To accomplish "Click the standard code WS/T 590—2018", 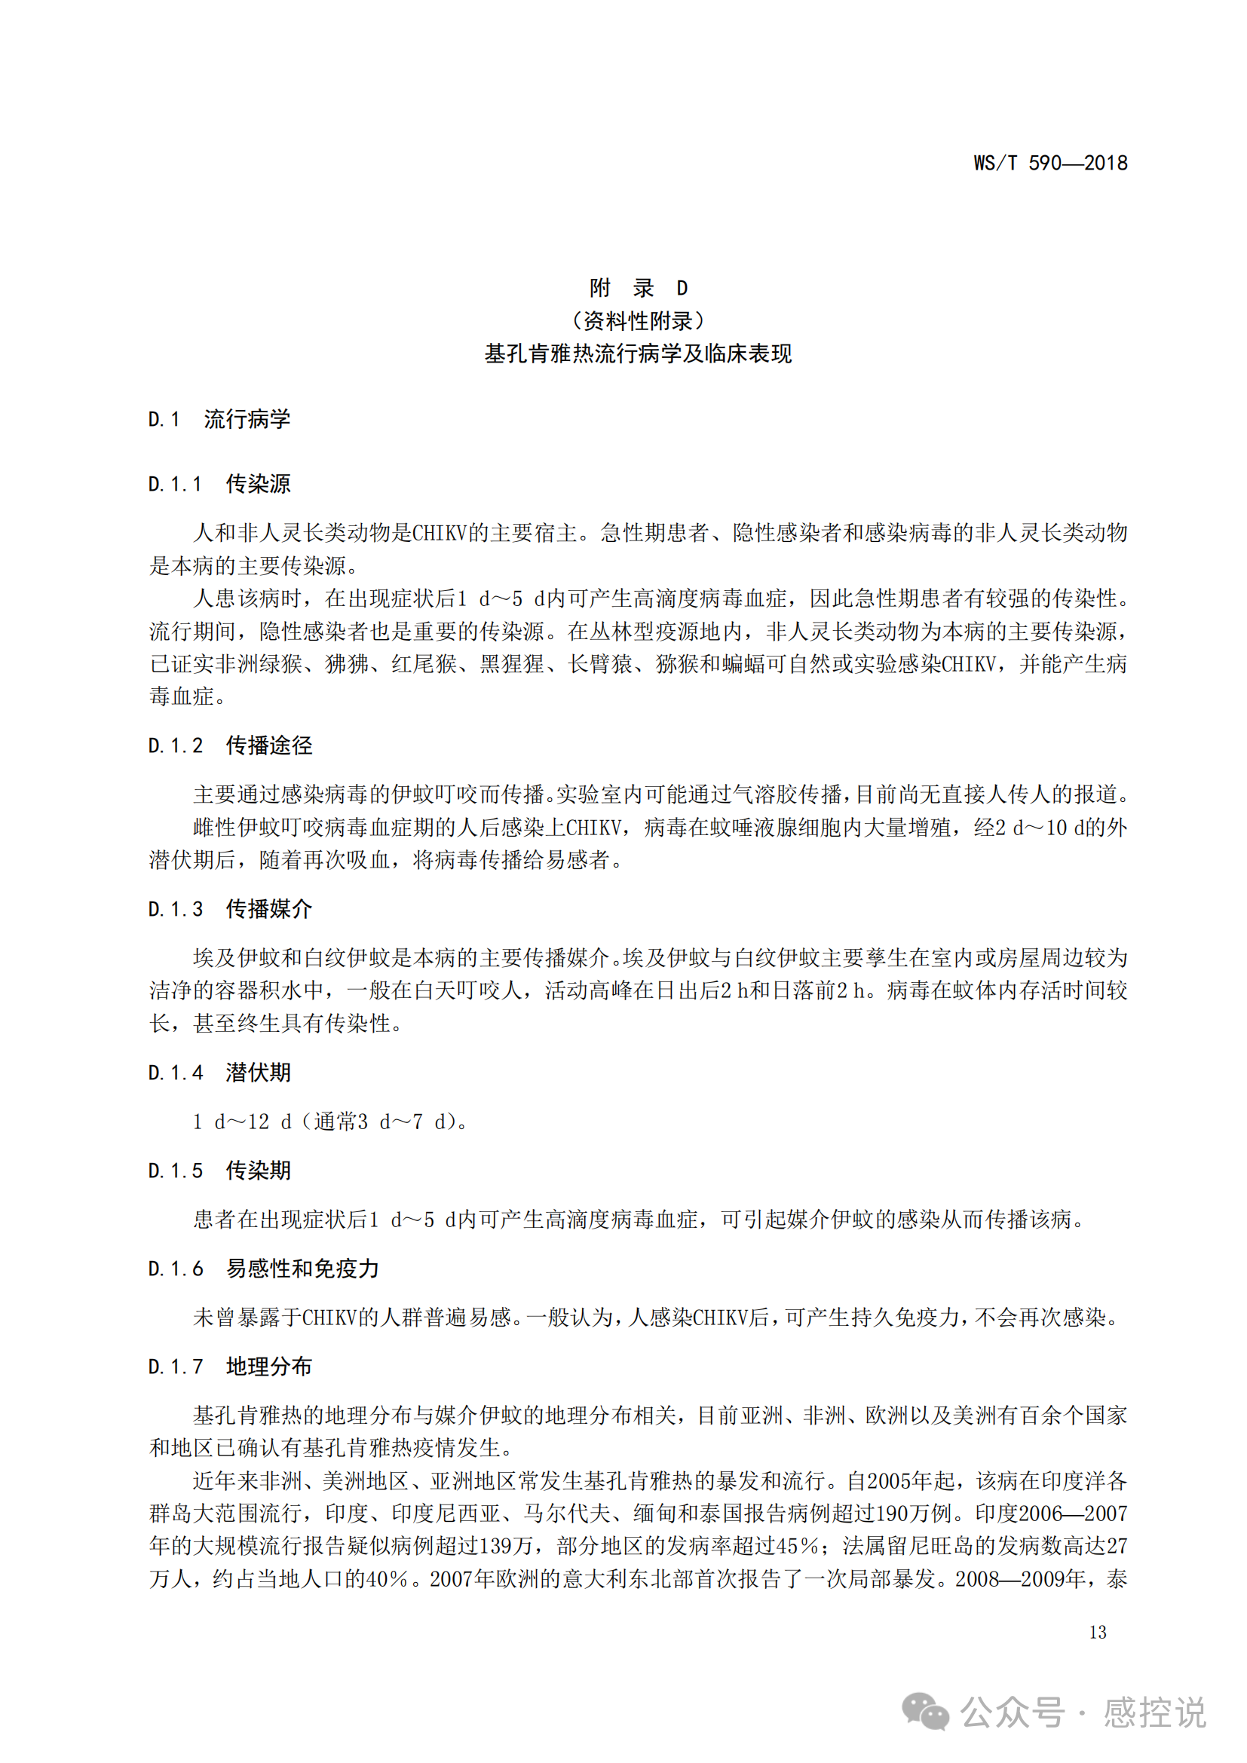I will point(1049,163).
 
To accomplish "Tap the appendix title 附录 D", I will point(638,288).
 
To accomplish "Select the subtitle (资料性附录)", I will point(638,321).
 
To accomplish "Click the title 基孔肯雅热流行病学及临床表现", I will point(638,354).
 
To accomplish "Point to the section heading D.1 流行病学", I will point(219,419).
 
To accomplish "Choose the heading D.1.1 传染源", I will point(219,485).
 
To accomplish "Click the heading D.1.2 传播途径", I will point(230,745).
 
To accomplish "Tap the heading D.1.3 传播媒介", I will point(230,909).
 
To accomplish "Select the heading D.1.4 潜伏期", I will point(219,1073).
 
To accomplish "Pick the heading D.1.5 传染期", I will point(219,1171).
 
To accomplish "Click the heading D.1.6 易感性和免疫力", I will point(263,1269).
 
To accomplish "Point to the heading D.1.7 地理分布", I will point(230,1367).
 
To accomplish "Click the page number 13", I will point(1097,1633).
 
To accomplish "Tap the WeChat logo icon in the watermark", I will point(924,1712).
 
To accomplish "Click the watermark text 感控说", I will point(1154,1714).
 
